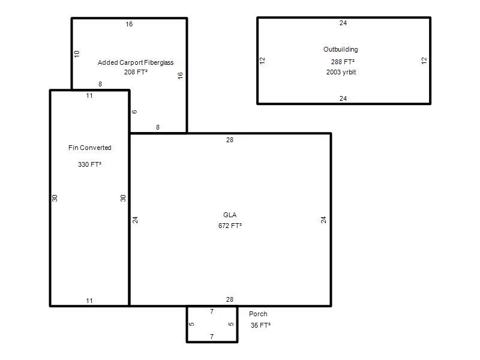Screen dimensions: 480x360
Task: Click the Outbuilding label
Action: [x=340, y=49]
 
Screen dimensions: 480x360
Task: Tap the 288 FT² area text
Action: [x=343, y=62]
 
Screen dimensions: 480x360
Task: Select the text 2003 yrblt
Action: [x=341, y=72]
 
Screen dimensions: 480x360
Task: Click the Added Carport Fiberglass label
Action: [x=136, y=62]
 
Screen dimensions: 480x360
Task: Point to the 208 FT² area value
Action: [x=136, y=72]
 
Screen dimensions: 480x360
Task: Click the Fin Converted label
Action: [x=89, y=148]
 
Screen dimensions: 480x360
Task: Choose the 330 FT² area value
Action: [x=89, y=164]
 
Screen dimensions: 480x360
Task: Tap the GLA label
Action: [x=230, y=215]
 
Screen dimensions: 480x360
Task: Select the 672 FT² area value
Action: [x=230, y=226]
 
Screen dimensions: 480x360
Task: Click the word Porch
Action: [x=258, y=314]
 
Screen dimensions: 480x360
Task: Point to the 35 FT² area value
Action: [x=260, y=325]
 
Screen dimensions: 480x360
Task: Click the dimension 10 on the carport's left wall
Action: [x=77, y=54]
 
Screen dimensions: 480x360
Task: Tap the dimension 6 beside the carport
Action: [x=134, y=112]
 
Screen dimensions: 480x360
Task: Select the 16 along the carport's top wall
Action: [x=129, y=24]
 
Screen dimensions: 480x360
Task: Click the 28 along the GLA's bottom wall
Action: [x=230, y=299]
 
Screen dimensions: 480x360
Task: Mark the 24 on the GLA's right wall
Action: [x=323, y=220]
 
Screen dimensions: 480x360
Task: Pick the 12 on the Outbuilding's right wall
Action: [x=424, y=61]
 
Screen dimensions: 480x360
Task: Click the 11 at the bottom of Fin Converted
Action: [x=89, y=301]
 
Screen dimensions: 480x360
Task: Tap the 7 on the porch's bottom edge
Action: [x=212, y=337]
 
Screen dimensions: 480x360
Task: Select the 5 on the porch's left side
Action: [x=191, y=324]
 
